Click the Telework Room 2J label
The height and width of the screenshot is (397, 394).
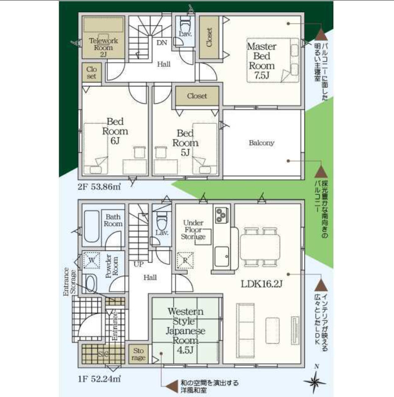[x=104, y=47]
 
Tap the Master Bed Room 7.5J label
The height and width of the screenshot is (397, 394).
[x=261, y=61]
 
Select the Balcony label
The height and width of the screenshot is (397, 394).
[x=261, y=143]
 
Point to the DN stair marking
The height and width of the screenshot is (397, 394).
[x=162, y=43]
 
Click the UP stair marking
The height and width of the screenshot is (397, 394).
[x=139, y=264]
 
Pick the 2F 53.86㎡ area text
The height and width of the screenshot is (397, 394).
[x=99, y=187]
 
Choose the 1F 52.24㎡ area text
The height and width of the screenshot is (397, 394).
[x=99, y=379]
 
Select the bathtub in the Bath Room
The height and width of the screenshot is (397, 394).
[x=91, y=227]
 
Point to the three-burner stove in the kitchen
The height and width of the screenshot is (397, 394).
[x=222, y=215]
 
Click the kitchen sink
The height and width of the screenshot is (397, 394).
[x=222, y=256]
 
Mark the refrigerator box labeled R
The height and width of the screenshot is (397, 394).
[x=185, y=260]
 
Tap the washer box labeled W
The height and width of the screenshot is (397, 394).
[x=91, y=260]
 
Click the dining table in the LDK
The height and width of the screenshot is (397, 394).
[x=260, y=247]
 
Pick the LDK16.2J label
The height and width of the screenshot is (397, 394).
[x=261, y=284]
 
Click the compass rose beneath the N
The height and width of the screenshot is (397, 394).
[x=315, y=383]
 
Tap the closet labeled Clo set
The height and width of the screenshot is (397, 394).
[x=91, y=72]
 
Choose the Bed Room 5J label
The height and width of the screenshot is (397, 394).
[x=185, y=143]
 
